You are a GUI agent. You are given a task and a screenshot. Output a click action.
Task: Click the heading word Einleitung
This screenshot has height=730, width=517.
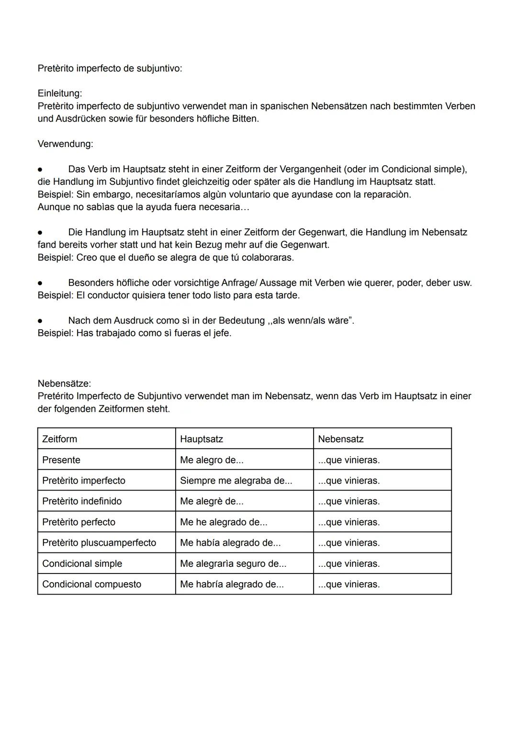[59, 93]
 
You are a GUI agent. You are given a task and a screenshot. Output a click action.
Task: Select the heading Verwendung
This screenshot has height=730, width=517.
[65, 144]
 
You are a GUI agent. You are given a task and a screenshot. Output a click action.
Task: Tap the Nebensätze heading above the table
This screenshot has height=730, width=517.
[64, 383]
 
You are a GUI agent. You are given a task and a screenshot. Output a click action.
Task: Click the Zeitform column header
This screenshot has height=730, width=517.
[59, 439]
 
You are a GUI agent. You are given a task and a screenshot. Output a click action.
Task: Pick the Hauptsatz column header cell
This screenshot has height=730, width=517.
[201, 439]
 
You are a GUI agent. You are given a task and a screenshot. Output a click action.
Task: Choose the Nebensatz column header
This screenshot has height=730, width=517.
[340, 439]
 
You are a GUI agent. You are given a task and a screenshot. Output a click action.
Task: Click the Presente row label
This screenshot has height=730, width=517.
[61, 460]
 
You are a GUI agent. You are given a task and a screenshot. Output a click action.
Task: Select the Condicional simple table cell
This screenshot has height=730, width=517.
[82, 563]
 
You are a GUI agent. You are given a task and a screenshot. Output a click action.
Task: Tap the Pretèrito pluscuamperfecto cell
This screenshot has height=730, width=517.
[99, 543]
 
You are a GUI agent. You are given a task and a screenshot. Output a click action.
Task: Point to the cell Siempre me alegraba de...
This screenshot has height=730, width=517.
[236, 481]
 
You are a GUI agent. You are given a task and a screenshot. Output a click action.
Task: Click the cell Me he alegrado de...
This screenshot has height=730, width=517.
[223, 522]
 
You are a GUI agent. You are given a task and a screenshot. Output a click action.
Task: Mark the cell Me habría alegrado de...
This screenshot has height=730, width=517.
[231, 584]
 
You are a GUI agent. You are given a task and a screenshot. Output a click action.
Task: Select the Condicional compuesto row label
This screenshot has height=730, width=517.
[91, 584]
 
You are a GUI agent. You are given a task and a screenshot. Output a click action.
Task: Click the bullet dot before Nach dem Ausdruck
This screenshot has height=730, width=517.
[40, 321]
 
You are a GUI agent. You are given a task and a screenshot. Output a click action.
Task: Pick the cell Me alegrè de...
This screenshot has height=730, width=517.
[211, 501]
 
